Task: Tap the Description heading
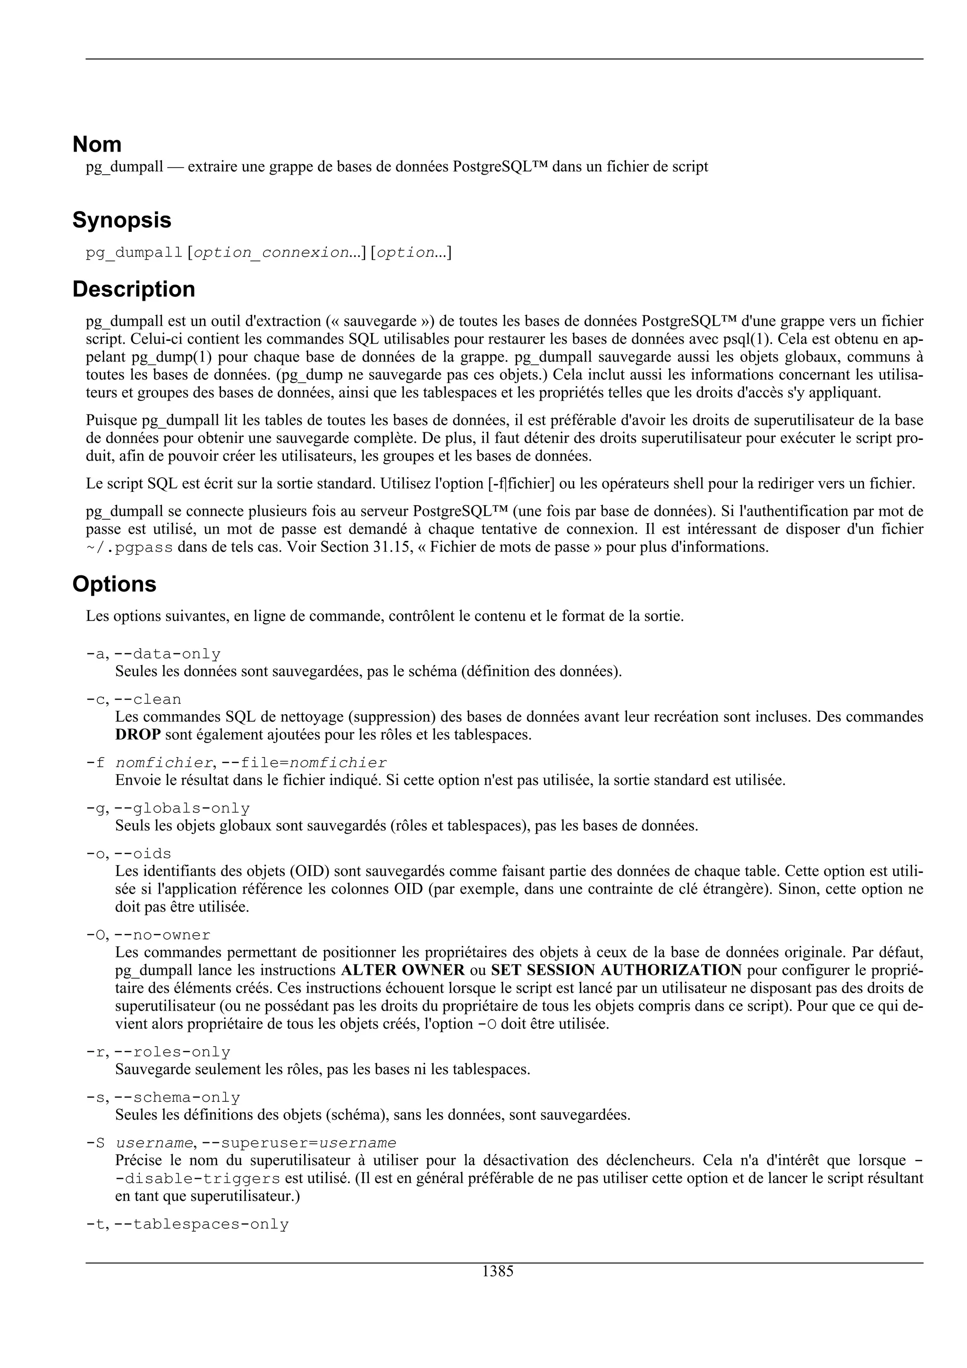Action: click(134, 289)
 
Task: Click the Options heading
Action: click(114, 584)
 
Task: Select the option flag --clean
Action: click(148, 700)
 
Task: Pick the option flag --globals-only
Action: click(182, 809)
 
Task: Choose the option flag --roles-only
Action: click(172, 1052)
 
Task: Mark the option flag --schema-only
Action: click(177, 1098)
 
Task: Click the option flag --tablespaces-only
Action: click(202, 1224)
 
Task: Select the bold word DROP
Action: click(137, 735)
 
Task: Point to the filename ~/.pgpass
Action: click(129, 548)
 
